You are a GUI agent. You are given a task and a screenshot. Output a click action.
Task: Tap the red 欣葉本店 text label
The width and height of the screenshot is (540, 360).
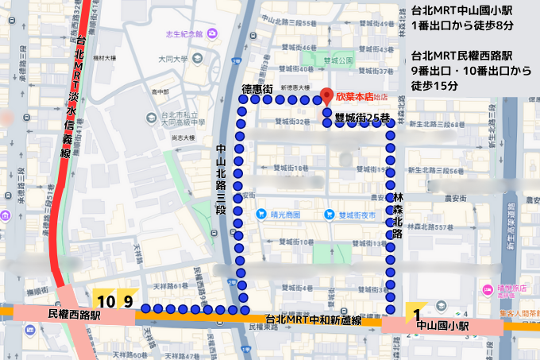click(354, 98)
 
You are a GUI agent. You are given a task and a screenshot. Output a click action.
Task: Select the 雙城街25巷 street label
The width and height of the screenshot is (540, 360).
click(361, 118)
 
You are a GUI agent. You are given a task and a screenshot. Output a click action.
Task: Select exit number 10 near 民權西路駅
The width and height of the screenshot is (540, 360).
click(106, 301)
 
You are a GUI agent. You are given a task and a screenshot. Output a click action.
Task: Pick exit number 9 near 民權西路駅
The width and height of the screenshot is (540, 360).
click(126, 301)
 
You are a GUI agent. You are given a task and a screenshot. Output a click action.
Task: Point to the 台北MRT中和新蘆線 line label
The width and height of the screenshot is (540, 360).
click(314, 319)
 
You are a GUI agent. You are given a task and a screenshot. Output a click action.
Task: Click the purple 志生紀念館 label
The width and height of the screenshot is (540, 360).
click(184, 33)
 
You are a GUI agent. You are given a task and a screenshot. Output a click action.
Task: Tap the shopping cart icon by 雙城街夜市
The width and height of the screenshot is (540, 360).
click(329, 215)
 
